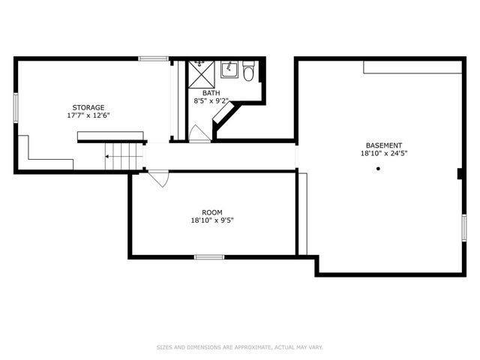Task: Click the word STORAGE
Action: click(88, 107)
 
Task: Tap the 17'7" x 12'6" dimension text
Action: click(88, 115)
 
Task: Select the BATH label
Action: click(211, 93)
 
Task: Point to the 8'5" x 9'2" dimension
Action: click(211, 100)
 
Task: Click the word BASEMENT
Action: click(384, 145)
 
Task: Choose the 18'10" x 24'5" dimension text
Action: click(384, 154)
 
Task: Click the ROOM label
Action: click(212, 212)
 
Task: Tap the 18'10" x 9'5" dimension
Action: click(212, 220)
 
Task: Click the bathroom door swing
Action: click(198, 133)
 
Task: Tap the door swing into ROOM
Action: click(159, 180)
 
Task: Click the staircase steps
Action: click(124, 157)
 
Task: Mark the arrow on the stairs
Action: click(110, 157)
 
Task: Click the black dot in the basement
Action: click(379, 169)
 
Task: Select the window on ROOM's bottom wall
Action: click(209, 257)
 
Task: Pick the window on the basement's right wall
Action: click(464, 227)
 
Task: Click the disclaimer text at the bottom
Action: click(239, 347)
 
